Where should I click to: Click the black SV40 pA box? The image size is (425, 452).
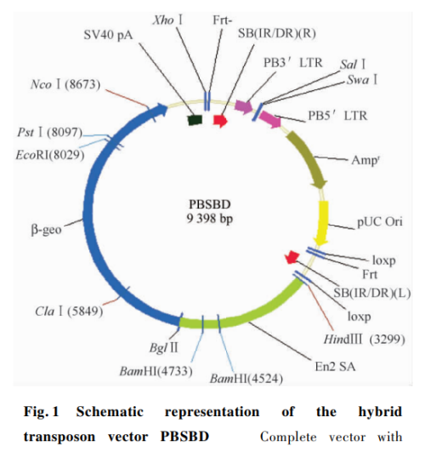point(195,120)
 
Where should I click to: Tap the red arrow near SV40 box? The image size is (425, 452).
point(220,121)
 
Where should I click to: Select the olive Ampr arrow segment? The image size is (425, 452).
point(308,158)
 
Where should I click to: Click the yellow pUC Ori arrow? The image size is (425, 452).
point(322,223)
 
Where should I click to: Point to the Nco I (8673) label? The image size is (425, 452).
point(65,84)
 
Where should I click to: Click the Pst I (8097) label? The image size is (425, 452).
point(49,132)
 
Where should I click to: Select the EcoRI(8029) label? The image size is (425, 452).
point(50,155)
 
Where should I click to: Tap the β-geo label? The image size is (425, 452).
point(46,230)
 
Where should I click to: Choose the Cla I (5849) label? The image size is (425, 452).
point(69,311)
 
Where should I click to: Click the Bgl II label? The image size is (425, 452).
point(164,347)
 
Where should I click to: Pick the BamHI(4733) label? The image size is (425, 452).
point(156,371)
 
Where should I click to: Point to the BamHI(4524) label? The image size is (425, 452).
point(246,379)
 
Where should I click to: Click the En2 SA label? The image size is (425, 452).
point(335,367)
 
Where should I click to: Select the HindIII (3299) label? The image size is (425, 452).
point(365,340)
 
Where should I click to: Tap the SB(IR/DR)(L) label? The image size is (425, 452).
point(372,293)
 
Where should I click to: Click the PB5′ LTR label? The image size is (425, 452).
point(337,116)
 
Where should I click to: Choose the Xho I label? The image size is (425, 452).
point(167,20)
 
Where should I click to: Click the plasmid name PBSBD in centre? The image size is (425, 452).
point(210,204)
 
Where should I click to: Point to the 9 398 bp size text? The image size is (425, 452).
point(210,219)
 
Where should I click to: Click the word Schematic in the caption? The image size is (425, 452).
point(110,411)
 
